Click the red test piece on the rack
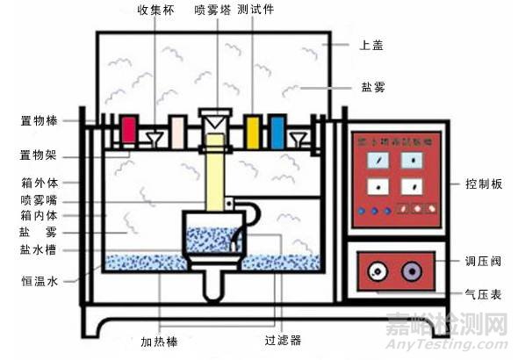point(129,130)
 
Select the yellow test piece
point(253,130)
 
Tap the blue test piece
point(277,130)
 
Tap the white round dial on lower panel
point(377,271)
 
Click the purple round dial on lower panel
point(409,271)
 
